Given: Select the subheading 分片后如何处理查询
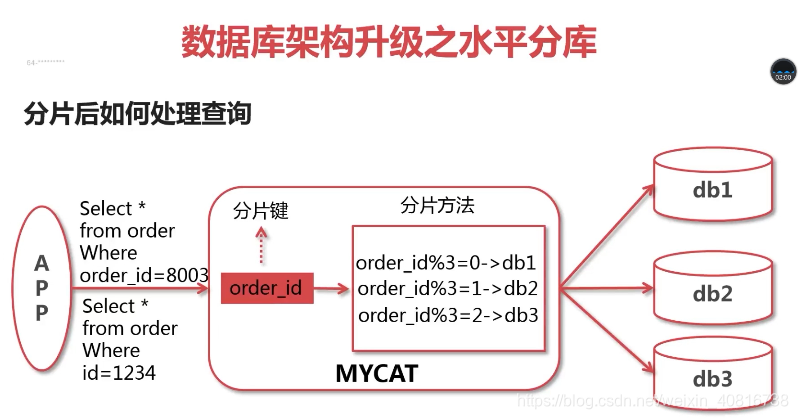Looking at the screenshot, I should coord(136,114).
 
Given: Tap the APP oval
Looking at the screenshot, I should coord(41,288).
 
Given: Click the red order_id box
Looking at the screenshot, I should coord(265,288).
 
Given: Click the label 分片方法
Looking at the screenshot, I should coord(437,206).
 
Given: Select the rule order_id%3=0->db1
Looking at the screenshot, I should coord(446,264).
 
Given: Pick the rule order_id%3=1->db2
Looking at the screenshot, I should coord(447,289).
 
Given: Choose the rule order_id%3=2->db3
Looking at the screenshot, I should coord(447,315).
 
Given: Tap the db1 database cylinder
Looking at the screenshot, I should coord(712,188).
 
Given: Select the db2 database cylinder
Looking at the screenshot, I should coord(712,293).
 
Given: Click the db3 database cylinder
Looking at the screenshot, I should coord(712,379).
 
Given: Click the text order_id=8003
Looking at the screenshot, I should coord(144,274).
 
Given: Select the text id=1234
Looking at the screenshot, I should coord(119,372).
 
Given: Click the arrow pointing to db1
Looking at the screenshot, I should coord(606,238).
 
